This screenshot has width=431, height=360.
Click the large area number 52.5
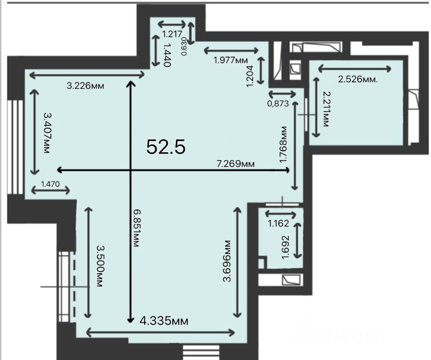pyautogui.click(x=166, y=147)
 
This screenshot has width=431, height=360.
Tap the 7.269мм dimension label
pyautogui.click(x=236, y=164)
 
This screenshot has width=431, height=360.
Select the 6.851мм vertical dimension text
pyautogui.click(x=136, y=228)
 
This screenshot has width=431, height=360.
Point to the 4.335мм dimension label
pyautogui.click(x=164, y=321)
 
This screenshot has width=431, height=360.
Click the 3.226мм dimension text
pyautogui.click(x=85, y=86)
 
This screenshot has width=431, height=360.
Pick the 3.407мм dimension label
pyautogui.click(x=47, y=133)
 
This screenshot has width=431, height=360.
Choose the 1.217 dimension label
pyautogui.click(x=172, y=34)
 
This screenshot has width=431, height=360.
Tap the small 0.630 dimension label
pyautogui.click(x=184, y=46)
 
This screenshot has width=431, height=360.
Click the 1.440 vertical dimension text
pyautogui.click(x=167, y=54)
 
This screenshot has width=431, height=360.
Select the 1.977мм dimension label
pyautogui.click(x=231, y=60)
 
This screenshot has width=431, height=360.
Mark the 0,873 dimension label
pyautogui.click(x=278, y=103)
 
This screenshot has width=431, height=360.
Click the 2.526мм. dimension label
pyautogui.click(x=358, y=80)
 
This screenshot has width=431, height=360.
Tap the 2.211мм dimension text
pyautogui.click(x=326, y=109)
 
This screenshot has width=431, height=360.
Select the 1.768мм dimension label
pyautogui.click(x=283, y=144)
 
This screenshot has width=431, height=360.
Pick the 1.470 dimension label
pyautogui.click(x=50, y=184)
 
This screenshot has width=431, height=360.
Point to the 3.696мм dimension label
pyautogui.click(x=227, y=261)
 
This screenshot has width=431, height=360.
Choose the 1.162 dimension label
pyautogui.click(x=278, y=223)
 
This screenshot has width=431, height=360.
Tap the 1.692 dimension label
pyautogui.click(x=286, y=247)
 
